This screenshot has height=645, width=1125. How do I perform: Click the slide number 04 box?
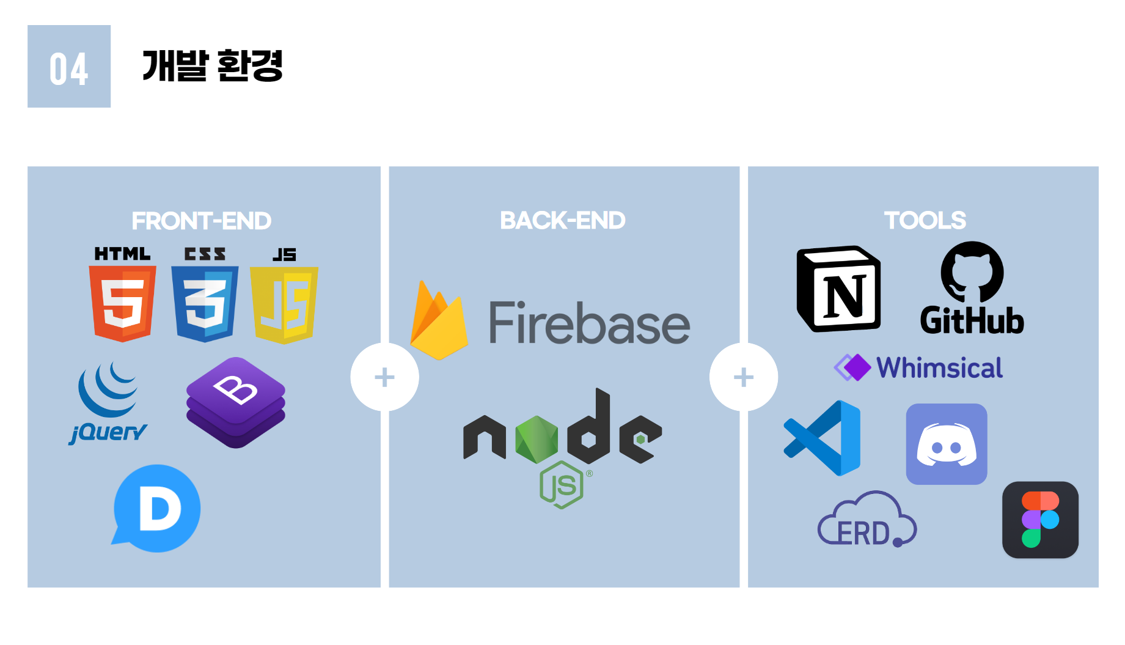coord(69,67)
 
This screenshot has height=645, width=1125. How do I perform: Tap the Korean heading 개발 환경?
coord(212,66)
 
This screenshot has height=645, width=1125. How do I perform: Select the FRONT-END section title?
coord(201,221)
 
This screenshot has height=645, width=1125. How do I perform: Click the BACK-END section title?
coord(562,220)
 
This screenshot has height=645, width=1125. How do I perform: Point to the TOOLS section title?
coord(925,220)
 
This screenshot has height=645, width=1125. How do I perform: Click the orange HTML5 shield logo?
coord(122,303)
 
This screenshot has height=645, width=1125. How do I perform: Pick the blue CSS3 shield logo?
coord(205,303)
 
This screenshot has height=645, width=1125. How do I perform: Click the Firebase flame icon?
coord(438,322)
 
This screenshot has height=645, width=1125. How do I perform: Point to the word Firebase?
coord(589,323)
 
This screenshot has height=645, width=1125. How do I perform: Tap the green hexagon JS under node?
coord(562,485)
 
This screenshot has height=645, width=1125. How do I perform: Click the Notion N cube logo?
coord(838,289)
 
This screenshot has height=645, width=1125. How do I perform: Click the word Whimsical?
coord(939,368)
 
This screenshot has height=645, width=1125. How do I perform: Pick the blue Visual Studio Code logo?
coord(824,438)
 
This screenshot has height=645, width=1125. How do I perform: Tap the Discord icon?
coord(947,444)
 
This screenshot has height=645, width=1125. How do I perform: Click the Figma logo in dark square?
coord(1040,520)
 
